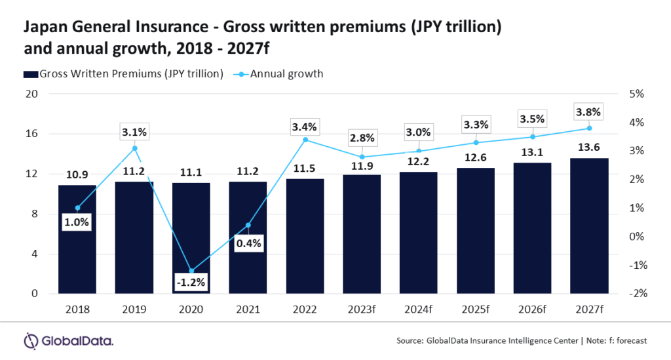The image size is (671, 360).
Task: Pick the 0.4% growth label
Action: click(248, 243)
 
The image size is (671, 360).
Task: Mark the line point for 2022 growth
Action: click(305, 140)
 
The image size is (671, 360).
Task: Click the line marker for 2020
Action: click(191, 271)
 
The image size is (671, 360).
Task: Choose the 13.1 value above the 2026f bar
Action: click(533, 152)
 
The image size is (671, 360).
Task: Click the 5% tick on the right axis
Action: click(638, 94)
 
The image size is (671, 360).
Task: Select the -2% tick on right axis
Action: click(637, 294)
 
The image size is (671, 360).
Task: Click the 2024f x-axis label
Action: click(419, 308)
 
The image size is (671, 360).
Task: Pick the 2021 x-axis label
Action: click(248, 308)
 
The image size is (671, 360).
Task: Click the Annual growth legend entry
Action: click(289, 73)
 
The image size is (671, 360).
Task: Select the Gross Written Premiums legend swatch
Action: click(31, 73)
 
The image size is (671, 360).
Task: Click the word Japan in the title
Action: click(43, 28)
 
